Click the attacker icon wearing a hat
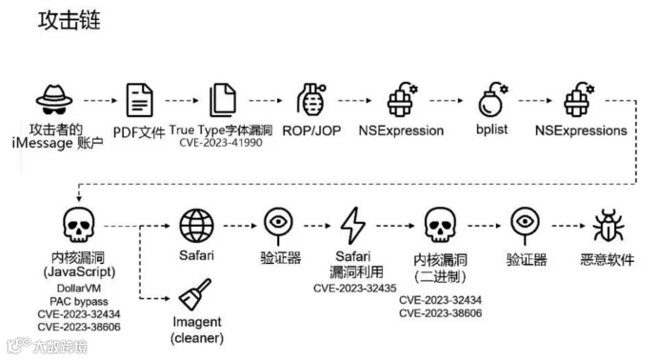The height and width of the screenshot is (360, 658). coord(54,100)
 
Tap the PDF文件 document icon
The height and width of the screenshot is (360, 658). coord(140,100)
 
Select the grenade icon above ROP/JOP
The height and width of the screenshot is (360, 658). coord(310,99)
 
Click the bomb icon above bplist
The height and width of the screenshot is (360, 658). coord(492,99)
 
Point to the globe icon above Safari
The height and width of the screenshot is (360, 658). coord(196,226)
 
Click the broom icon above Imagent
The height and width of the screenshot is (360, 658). coord(194,294)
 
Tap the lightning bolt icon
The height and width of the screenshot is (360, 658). coord(353,226)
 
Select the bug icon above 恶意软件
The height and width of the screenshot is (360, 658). coord(608,226)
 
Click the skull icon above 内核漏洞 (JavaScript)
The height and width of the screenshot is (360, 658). coord(79,225)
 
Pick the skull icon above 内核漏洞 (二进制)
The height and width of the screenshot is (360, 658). coord(440,225)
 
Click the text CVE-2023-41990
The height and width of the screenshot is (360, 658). coord(221,143)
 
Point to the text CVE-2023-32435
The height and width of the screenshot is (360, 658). coord(355,289)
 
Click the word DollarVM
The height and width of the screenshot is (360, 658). coord(79,289)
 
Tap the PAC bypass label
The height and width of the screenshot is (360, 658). coord(79,301)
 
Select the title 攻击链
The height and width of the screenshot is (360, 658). coord(70,20)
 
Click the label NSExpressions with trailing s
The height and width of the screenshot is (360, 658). coord(581,130)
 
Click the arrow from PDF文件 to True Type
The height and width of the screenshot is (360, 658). coord(182,101)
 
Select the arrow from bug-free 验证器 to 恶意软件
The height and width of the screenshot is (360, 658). coord(568,226)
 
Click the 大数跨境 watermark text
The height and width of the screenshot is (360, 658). coord(60,347)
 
